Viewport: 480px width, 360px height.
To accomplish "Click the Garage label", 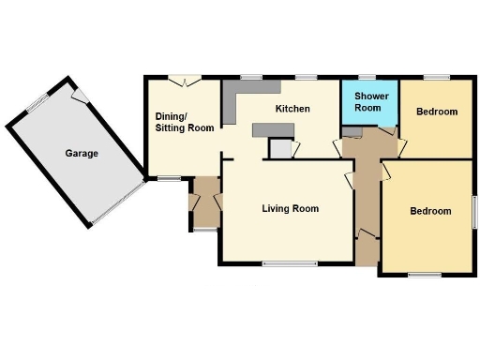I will [82, 153].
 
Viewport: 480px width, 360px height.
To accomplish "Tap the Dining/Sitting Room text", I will [185, 122].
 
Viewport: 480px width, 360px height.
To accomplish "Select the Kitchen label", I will [292, 109].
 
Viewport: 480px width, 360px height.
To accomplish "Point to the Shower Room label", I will [367, 102].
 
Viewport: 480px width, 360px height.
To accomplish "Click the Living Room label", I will [291, 208].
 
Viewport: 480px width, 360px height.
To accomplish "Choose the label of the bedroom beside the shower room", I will [437, 112].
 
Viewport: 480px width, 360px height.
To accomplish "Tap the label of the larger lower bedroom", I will [431, 211].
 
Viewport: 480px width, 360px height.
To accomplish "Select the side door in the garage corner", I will [81, 94].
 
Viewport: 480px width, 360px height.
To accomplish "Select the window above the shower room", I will [367, 77].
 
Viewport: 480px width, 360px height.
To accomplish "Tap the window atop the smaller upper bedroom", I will [436, 77].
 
